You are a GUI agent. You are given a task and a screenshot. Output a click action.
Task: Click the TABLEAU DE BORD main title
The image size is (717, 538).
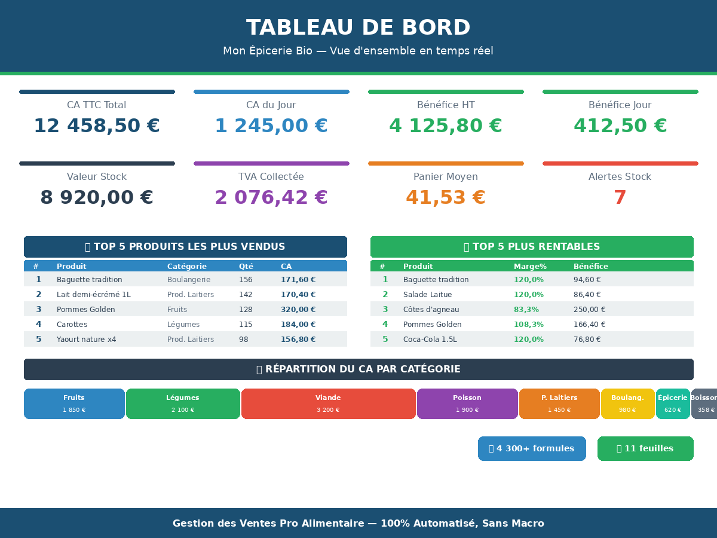coord(358,28)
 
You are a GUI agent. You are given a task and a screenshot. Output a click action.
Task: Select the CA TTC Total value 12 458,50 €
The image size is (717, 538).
coord(97,126)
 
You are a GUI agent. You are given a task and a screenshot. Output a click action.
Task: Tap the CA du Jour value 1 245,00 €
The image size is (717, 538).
coord(271,126)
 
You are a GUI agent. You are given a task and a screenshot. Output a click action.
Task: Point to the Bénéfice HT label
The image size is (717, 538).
coord(446,105)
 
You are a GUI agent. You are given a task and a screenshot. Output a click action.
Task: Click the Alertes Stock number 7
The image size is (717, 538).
coord(620,198)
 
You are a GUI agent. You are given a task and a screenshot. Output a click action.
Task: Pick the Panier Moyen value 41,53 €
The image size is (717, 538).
coord(446,198)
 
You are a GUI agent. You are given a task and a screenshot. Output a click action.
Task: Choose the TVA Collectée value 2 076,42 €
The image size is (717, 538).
coord(271,198)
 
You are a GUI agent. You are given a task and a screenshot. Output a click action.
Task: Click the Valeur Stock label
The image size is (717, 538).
coord(97,177)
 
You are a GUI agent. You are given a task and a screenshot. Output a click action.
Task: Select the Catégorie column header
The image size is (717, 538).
coord(187,267)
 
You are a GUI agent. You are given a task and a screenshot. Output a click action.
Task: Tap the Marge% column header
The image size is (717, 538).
coord(530,267)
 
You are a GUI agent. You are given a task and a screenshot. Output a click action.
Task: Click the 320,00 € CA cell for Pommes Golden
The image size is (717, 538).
coord(298,310)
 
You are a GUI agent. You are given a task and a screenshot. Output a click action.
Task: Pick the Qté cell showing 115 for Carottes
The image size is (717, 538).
coord(246,325)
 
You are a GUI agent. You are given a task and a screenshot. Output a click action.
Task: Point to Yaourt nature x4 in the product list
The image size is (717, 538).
coord(87,340)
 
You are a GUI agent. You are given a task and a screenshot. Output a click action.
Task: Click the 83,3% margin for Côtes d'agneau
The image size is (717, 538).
coord(526,310)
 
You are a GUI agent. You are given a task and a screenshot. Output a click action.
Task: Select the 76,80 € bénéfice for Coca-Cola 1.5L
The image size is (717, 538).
coord(587,340)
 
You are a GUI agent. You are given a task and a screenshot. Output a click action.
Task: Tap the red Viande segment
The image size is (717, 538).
coord(328,403)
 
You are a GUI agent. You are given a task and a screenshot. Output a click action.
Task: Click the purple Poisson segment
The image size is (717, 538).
coord(467,403)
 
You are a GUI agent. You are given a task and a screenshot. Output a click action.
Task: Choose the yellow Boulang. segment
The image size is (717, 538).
coord(627,403)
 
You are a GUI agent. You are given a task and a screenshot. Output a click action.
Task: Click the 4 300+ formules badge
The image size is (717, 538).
coord(532,448)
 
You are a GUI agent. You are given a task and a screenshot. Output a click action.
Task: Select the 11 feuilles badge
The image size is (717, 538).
coord(645,448)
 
